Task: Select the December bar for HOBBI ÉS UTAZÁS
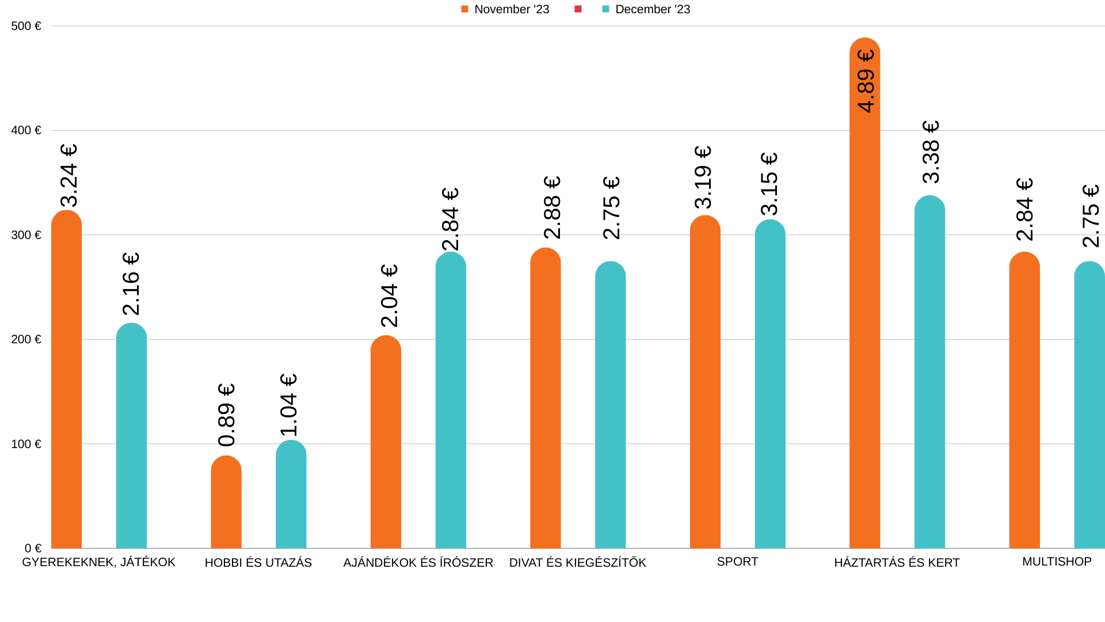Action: click(291, 495)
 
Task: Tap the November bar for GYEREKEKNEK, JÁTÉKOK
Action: click(67, 380)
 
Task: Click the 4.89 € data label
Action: click(866, 81)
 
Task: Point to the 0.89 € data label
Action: click(227, 415)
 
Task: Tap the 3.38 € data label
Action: click(931, 152)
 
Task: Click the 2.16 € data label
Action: click(131, 284)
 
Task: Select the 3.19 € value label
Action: click(703, 177)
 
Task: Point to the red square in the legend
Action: click(578, 9)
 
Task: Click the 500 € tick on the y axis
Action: click(26, 26)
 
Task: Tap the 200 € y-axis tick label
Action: click(26, 339)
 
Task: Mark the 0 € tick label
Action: click(33, 548)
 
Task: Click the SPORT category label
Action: click(737, 562)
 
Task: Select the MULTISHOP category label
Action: click(1057, 562)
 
